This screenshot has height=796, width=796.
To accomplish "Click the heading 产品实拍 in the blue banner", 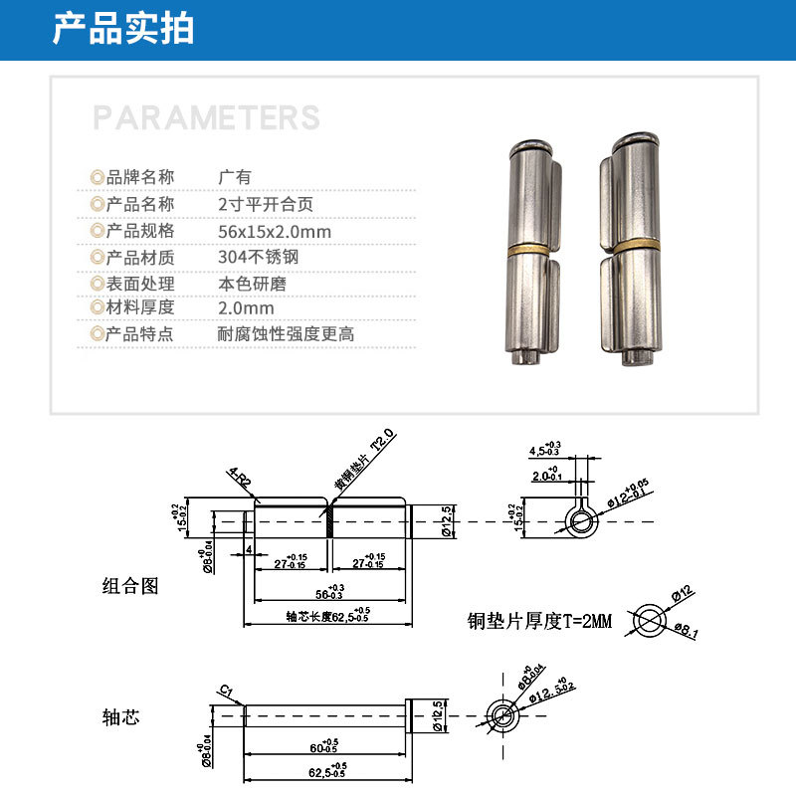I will [122, 29].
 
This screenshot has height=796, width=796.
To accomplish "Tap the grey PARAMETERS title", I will [206, 117].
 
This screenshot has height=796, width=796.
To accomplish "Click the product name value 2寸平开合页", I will [266, 204].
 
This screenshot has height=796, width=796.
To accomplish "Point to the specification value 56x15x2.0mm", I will [275, 231].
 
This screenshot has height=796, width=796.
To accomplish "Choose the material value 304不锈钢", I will [259, 257].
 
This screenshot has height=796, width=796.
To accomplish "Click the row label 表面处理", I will [139, 283].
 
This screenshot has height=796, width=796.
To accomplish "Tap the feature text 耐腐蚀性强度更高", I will [287, 334].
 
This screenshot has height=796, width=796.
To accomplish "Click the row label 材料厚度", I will [139, 308].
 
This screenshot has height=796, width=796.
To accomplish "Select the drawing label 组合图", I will [130, 586].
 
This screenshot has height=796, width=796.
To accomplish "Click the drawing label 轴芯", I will [120, 716].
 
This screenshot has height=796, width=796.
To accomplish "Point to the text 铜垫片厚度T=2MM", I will [539, 622].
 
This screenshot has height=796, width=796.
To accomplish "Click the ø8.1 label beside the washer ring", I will [686, 629].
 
